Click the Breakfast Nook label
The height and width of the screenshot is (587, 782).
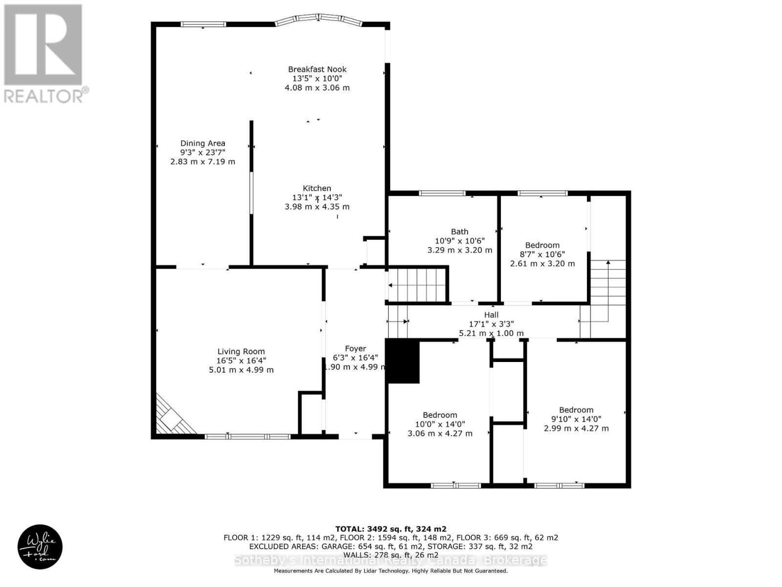(317, 69)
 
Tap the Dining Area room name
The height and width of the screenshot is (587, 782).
(202, 143)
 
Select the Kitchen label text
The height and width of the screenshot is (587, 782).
(317, 188)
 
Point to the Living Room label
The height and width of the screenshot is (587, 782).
(241, 351)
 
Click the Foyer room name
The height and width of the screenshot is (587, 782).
(355, 349)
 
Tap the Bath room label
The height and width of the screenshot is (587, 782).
(459, 231)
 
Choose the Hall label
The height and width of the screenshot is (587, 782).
(491, 315)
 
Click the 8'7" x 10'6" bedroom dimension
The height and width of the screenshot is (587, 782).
(542, 254)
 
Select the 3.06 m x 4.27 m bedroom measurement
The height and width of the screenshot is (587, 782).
(440, 433)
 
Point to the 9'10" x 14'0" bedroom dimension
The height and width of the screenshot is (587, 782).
(576, 419)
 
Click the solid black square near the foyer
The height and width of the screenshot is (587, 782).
(403, 362)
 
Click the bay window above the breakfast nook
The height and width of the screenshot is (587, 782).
(319, 19)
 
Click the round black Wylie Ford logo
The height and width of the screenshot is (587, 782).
(40, 547)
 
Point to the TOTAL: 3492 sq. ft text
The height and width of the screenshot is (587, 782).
(391, 529)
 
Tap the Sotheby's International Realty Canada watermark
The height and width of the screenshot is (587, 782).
(391, 561)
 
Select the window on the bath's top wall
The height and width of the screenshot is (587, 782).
(442, 193)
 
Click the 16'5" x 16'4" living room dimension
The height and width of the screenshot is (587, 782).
(241, 361)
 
